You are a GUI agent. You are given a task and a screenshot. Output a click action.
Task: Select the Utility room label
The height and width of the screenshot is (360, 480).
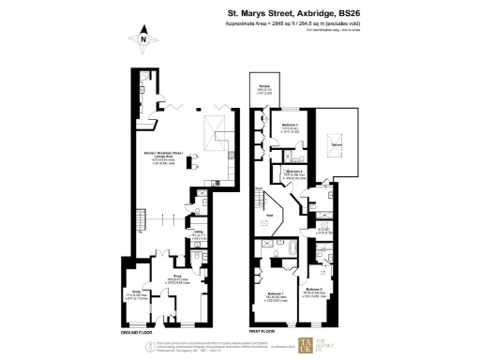pyautogui.click(x=199, y=235)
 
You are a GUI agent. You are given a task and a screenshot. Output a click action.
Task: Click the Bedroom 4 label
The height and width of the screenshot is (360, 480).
pyautogui.click(x=293, y=172)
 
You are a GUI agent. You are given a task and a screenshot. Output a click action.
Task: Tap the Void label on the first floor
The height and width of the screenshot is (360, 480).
pyautogui.click(x=268, y=214)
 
